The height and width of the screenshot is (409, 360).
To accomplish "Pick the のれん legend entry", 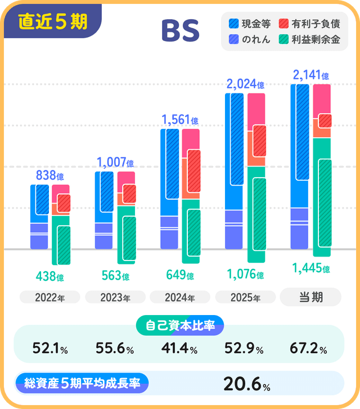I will [251, 39].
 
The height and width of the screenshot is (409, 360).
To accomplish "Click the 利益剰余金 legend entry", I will [310, 39].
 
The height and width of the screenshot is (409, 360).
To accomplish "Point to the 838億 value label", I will [49, 176].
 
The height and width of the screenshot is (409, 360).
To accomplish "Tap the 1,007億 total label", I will [115, 163].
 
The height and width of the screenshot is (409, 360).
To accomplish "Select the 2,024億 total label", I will [245, 85].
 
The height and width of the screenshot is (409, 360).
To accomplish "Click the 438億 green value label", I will [49, 277].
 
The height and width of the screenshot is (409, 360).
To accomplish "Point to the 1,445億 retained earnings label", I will [310, 268].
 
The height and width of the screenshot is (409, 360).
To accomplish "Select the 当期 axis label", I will [310, 296].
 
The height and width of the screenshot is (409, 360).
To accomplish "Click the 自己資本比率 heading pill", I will [180, 325].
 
